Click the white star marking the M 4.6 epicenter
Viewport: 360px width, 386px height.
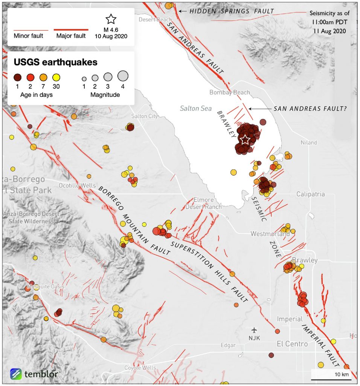(x=245, y=139)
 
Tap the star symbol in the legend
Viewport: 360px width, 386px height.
(x=111, y=19)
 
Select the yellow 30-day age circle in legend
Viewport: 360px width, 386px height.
(x=56, y=78)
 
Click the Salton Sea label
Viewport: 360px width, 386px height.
(x=196, y=109)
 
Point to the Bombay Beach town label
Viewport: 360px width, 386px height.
(x=229, y=92)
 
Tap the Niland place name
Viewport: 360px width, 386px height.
(x=309, y=143)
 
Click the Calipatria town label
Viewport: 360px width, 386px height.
(x=310, y=194)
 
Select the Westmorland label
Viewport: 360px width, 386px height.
(x=270, y=234)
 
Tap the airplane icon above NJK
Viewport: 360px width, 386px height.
(x=255, y=330)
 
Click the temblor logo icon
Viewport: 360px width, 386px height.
(x=16, y=374)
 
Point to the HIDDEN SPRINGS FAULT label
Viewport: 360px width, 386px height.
(x=232, y=11)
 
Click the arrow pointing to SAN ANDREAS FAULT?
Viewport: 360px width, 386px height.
(x=260, y=109)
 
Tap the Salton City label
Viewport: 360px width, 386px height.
(x=144, y=116)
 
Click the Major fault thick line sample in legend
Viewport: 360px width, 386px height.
(x=71, y=29)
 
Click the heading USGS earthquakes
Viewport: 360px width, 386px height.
(x=56, y=62)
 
